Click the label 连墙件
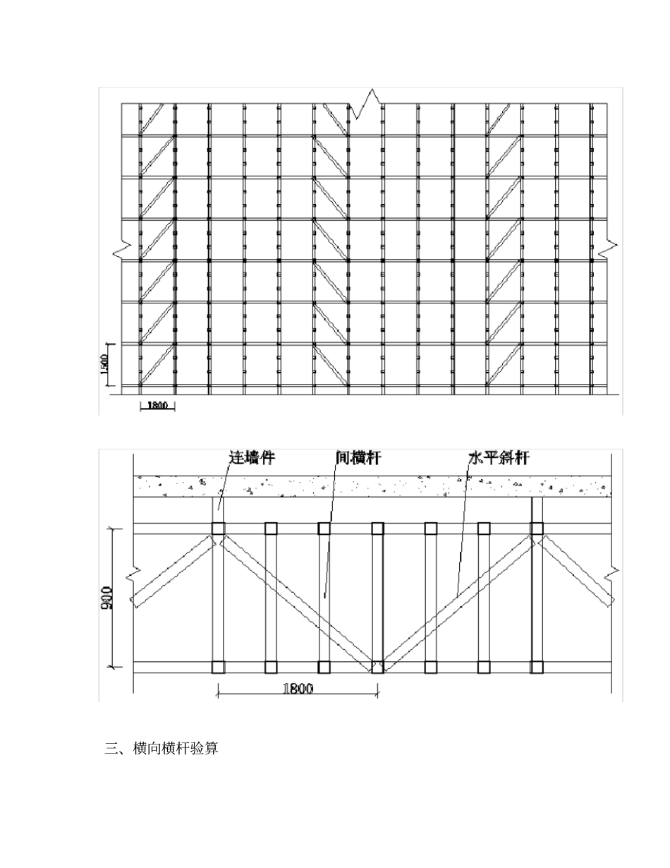[252, 457]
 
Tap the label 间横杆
[358, 457]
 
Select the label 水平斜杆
[499, 457]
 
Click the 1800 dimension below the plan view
[298, 689]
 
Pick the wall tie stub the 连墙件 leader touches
[218, 510]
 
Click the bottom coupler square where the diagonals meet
[377, 666]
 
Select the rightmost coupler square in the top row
[537, 528]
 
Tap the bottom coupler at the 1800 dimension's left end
[218, 666]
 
